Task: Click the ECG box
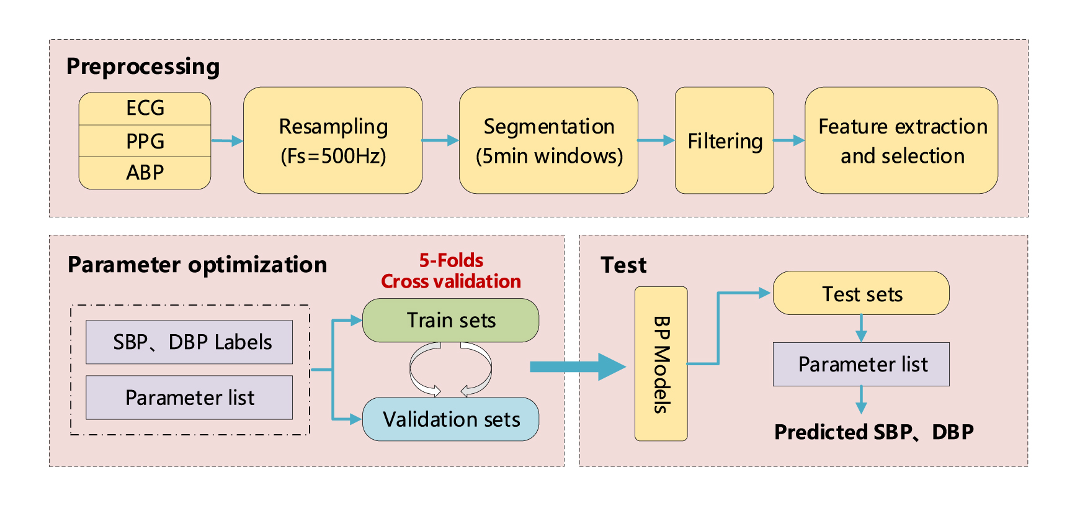click(145, 109)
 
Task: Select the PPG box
click(145, 141)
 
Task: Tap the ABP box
click(145, 173)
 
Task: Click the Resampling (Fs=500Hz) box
click(333, 140)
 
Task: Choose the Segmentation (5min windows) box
click(548, 140)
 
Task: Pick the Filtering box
click(725, 140)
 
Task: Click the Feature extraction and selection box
click(901, 140)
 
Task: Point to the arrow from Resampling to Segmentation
click(440, 140)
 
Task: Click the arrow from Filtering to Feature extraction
click(789, 140)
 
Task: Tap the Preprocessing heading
click(143, 66)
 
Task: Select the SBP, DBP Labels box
click(189, 342)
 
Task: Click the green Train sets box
click(451, 321)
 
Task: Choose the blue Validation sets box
click(451, 419)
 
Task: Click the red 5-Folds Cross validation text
click(451, 271)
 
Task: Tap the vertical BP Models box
click(661, 364)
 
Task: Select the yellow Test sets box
click(862, 293)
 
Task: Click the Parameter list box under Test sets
click(862, 364)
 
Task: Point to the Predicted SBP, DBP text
click(874, 432)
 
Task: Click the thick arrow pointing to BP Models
click(578, 366)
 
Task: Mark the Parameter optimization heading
click(197, 265)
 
